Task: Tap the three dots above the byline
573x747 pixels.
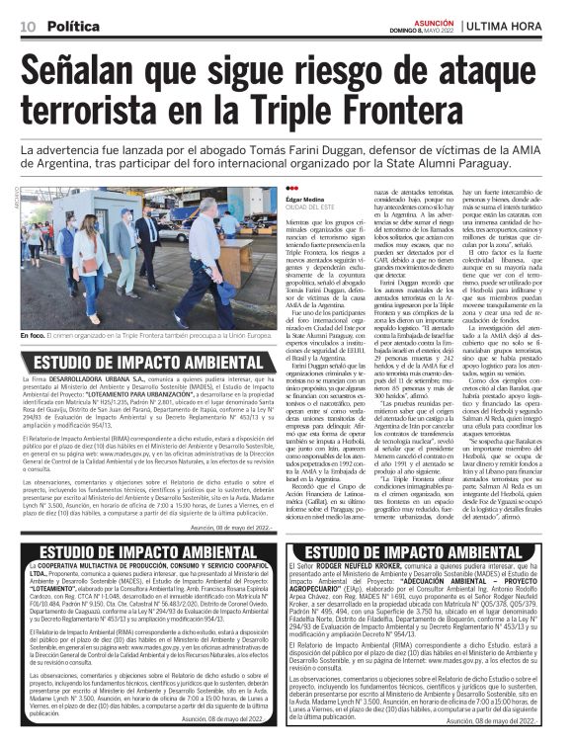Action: click(263, 190)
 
